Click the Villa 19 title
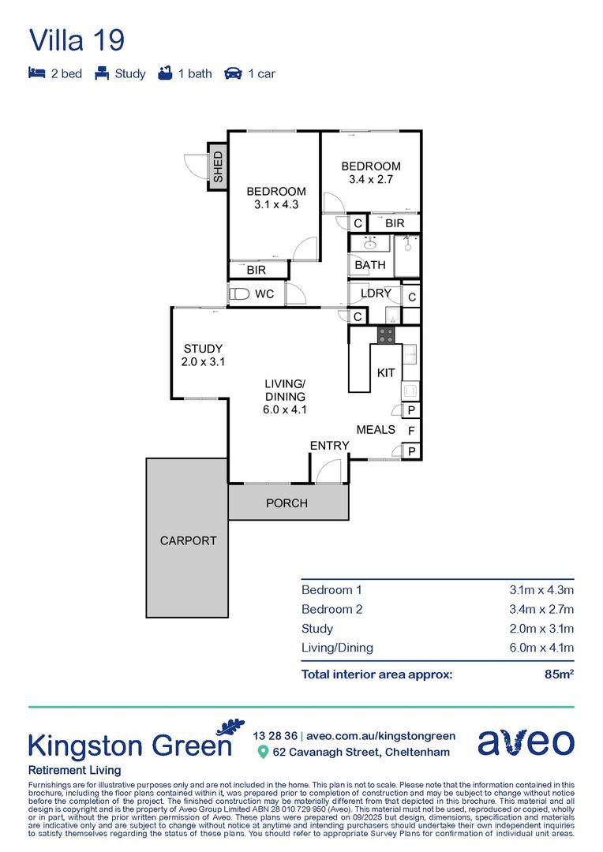(77, 39)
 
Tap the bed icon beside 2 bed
(36, 73)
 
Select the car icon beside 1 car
(233, 73)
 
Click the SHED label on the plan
(218, 166)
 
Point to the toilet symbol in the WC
(238, 294)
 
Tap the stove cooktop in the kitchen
(386, 334)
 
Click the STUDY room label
(203, 349)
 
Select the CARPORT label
(188, 540)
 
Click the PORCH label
(287, 503)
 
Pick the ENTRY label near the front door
(329, 446)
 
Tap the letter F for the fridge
(411, 431)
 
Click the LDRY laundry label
(376, 293)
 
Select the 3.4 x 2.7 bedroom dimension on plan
(371, 179)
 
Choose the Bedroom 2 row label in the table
(331, 609)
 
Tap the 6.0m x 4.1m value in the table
(541, 648)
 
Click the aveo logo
(526, 742)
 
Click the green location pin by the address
(263, 752)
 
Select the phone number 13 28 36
(274, 735)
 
